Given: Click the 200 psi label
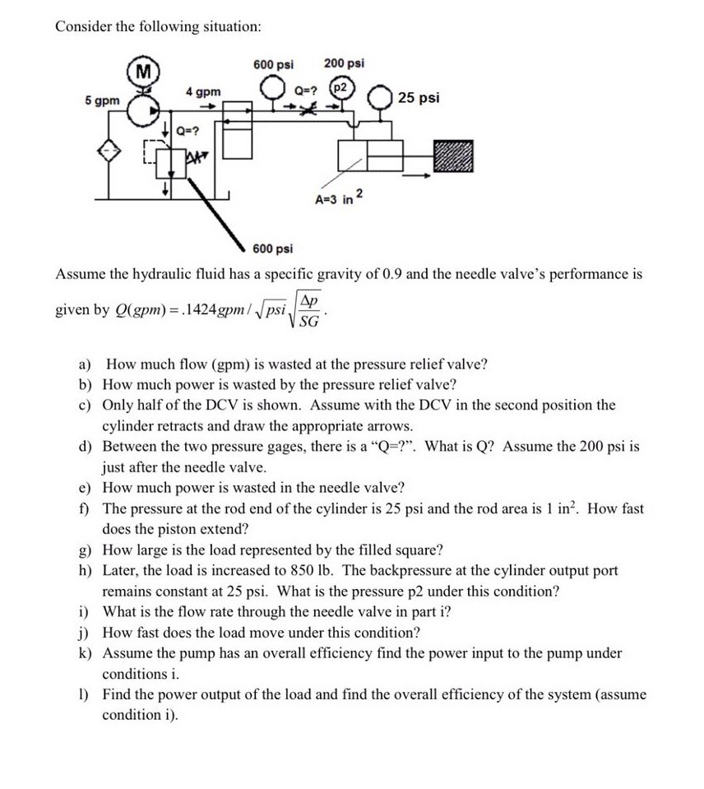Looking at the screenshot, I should click(x=345, y=63).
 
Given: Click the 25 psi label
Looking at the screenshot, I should click(x=419, y=98).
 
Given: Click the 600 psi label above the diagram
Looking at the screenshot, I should click(x=273, y=63).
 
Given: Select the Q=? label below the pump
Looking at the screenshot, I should click(x=188, y=129).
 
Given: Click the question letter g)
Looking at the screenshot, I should click(x=85, y=550).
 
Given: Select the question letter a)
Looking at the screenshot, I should click(x=86, y=364).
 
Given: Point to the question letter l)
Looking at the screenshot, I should click(x=84, y=694).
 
